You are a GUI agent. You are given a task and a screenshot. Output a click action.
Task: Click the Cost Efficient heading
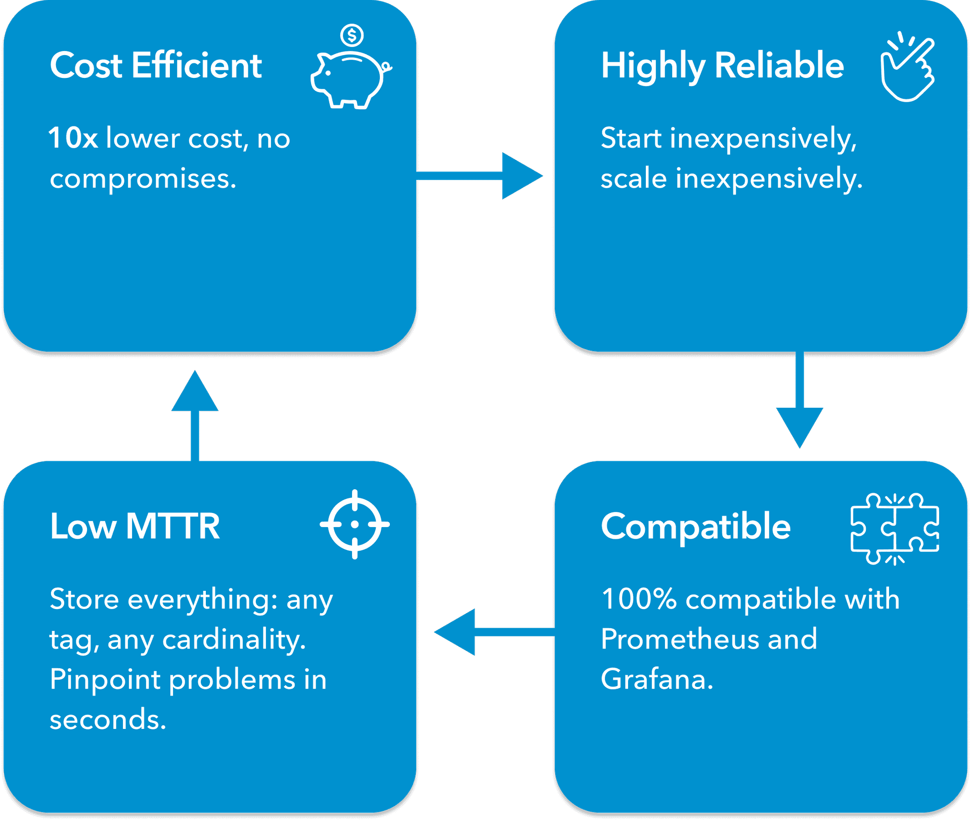pyautogui.click(x=156, y=66)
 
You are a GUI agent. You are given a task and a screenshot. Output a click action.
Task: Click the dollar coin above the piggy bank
pyautogui.click(x=352, y=35)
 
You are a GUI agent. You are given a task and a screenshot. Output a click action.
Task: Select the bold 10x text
pyautogui.click(x=73, y=138)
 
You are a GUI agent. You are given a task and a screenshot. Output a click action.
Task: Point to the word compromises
pyautogui.click(x=143, y=179)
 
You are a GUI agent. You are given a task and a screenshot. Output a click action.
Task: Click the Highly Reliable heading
pyautogui.click(x=722, y=66)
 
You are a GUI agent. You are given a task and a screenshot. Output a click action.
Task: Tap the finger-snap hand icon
pyautogui.click(x=907, y=68)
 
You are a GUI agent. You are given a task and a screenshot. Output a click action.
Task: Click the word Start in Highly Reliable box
pyautogui.click(x=631, y=138)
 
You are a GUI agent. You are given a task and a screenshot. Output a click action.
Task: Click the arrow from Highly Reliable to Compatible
pyautogui.click(x=800, y=400)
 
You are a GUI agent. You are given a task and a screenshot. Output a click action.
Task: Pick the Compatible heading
pyautogui.click(x=695, y=527)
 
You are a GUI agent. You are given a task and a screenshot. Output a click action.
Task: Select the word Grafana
pyautogui.click(x=656, y=679)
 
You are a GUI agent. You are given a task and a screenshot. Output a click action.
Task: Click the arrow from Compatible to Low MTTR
pyautogui.click(x=493, y=632)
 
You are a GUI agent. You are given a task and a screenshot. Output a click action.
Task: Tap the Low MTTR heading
pyautogui.click(x=135, y=527)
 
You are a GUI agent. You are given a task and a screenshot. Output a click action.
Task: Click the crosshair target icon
pyautogui.click(x=355, y=525)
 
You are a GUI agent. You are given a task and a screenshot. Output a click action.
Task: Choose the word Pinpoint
pyautogui.click(x=105, y=679)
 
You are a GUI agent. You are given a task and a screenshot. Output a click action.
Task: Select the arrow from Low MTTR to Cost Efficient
pyautogui.click(x=195, y=415)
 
